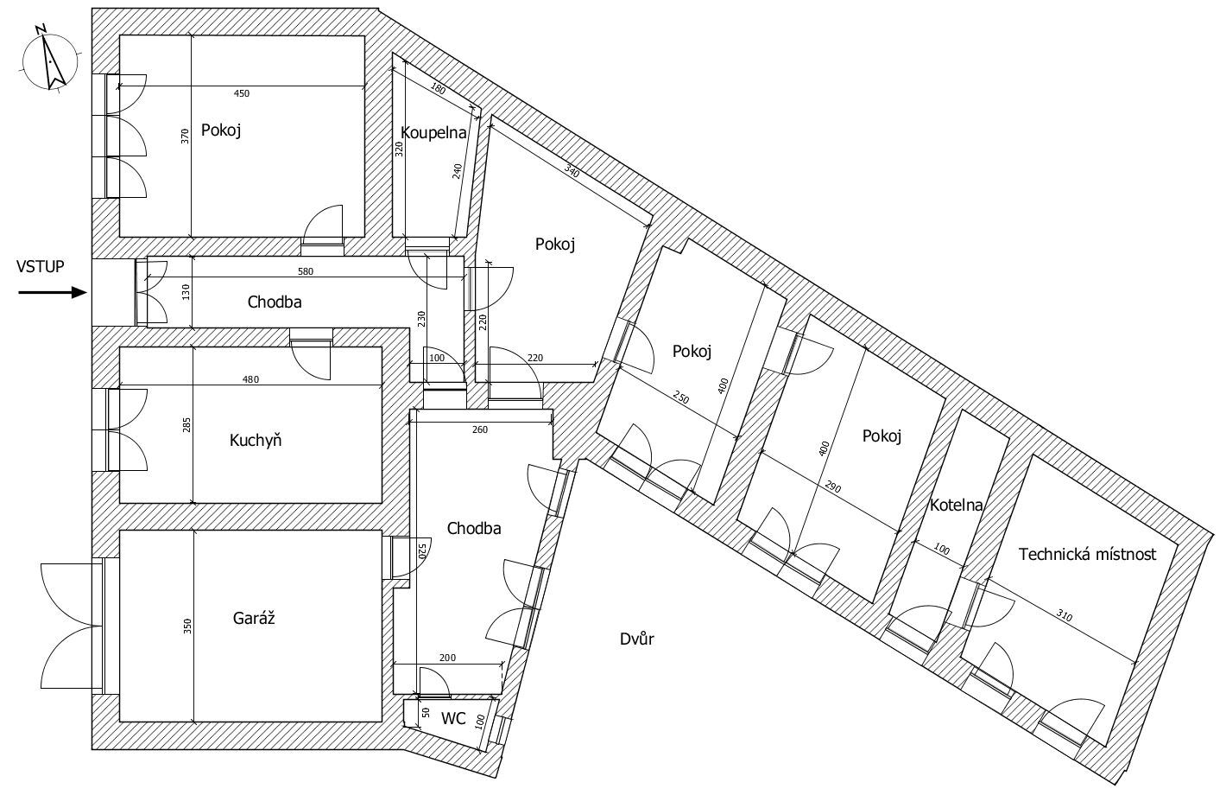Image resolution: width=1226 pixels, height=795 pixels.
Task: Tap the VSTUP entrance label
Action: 41,267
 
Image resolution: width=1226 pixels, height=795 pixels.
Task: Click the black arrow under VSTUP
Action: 53,293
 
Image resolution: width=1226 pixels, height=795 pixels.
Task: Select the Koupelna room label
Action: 433,133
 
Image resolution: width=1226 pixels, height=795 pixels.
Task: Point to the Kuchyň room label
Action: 256,440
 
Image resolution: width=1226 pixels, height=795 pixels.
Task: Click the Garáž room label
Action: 254,618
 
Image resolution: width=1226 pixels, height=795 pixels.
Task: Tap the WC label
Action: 453,718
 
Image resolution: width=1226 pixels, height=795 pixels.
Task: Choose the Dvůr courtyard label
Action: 637,639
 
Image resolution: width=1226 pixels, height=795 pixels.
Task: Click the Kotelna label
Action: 956,506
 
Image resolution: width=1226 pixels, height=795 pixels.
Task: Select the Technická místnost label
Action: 1088,555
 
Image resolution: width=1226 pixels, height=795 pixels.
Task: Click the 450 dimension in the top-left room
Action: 242,93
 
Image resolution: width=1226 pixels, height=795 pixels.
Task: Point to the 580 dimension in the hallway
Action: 306,271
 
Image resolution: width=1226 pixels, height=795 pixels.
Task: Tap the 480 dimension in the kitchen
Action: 250,379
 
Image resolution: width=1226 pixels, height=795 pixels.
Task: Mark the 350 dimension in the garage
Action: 187,626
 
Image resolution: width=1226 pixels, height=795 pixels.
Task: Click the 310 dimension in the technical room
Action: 1064,615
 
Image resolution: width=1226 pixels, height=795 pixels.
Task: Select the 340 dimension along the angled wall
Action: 571,171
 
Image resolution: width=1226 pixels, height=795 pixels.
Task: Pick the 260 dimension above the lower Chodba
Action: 479,430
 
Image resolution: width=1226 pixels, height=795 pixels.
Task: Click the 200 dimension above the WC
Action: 448,658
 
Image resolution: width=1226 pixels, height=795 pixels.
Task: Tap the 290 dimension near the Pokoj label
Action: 832,487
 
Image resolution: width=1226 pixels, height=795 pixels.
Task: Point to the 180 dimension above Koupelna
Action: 438,88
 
